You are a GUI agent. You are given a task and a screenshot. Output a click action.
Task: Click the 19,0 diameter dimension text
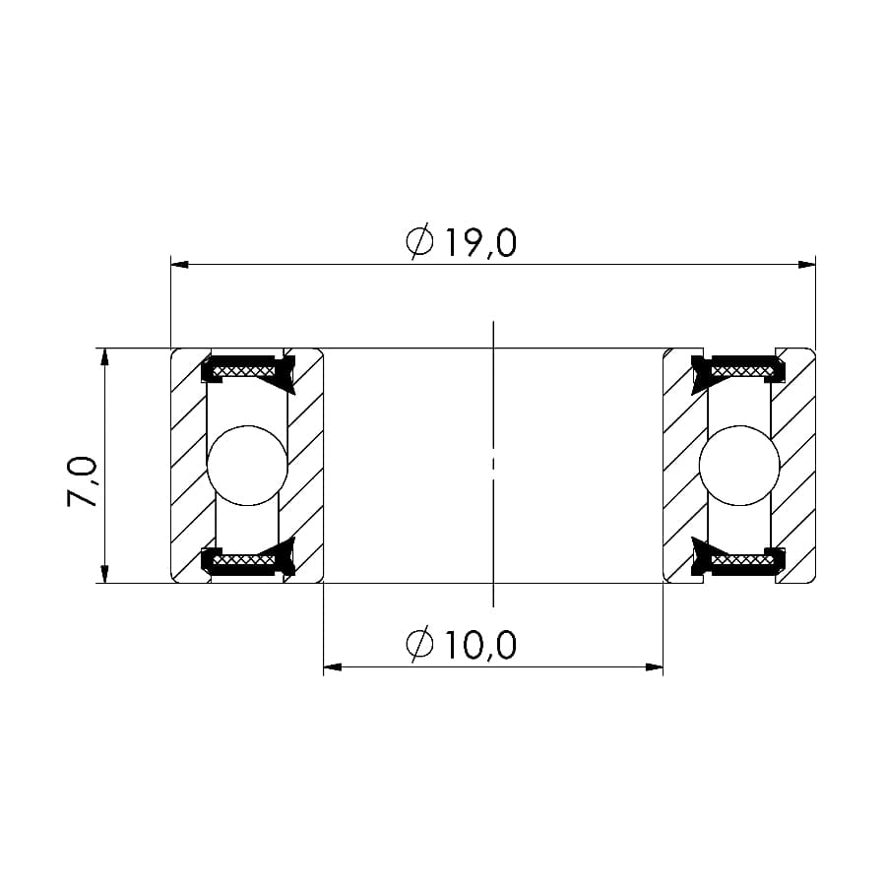[480, 243]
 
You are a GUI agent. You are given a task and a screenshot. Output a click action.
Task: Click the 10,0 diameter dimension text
[480, 645]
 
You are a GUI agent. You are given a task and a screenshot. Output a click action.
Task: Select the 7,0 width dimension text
[83, 481]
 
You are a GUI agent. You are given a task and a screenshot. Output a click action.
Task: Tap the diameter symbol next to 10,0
[419, 644]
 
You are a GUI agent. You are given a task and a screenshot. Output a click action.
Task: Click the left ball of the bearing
[247, 465]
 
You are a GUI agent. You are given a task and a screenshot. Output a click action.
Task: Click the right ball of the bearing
[739, 465]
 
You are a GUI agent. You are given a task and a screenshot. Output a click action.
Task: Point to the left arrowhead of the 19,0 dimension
[179, 265]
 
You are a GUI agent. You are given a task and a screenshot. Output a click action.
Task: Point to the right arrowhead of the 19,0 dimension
[807, 265]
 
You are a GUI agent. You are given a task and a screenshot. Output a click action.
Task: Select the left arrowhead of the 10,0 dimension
[333, 667]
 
